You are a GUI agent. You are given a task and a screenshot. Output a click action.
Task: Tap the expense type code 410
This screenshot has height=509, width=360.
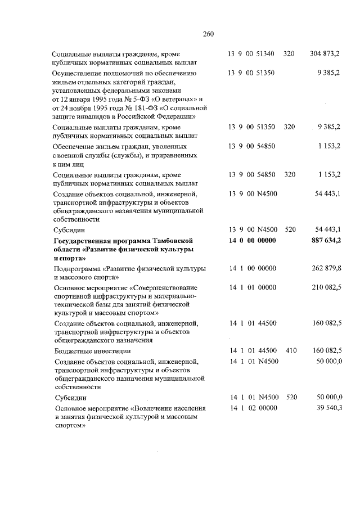(290, 350)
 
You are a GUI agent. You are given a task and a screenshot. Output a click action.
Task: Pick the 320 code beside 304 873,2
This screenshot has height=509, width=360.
(290, 54)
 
